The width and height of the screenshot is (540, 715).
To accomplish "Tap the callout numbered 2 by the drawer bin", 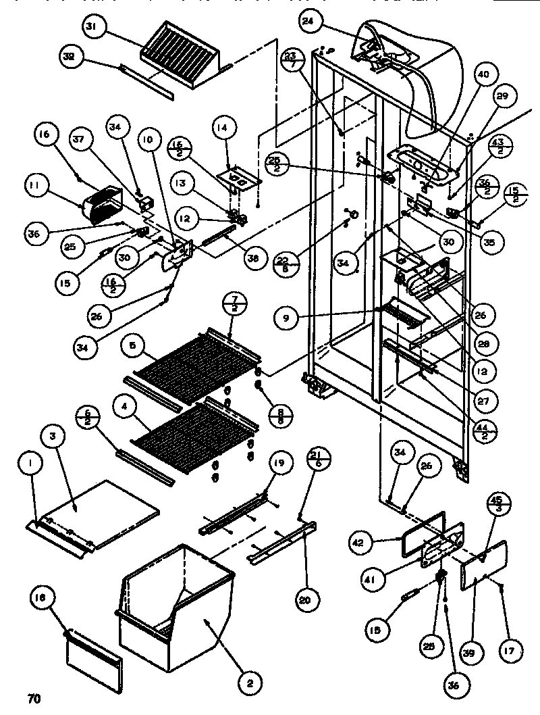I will coord(250,684).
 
